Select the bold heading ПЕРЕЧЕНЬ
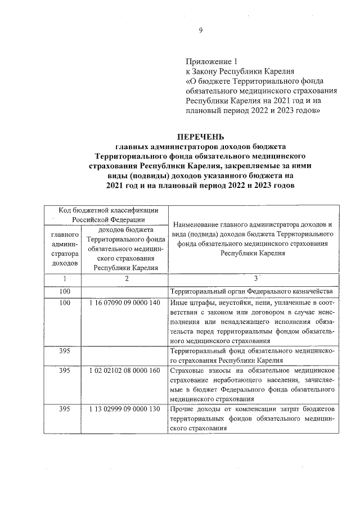point(201,137)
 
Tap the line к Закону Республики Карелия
point(232,70)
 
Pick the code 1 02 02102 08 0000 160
point(124,371)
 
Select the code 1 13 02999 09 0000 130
point(124,409)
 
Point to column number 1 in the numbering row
point(65,278)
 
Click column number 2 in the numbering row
point(127,278)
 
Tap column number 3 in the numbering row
point(255,278)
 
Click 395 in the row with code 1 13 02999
point(65,409)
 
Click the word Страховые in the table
point(186,371)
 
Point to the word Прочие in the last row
point(182,409)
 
